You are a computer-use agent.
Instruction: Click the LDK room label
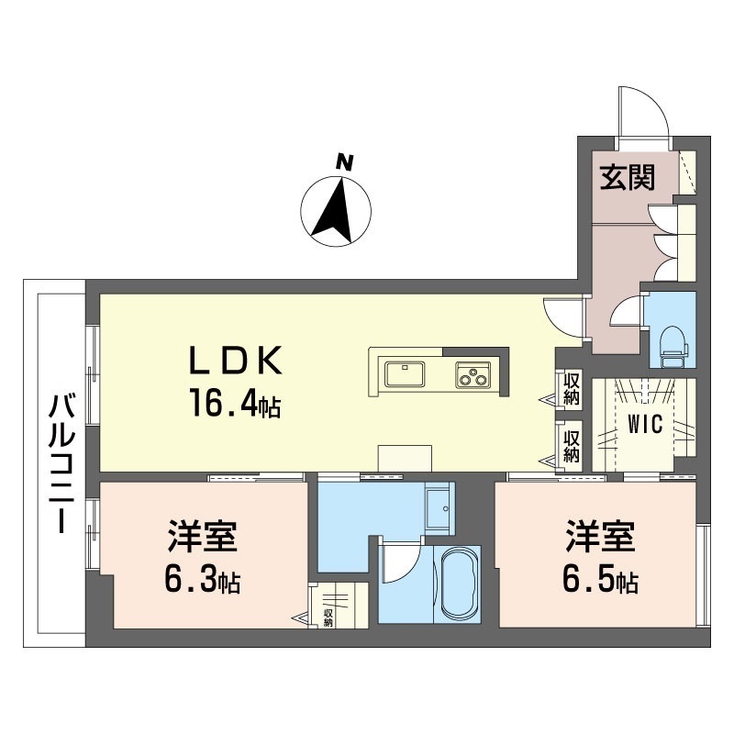click(235, 360)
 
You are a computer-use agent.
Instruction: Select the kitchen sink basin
click(405, 374)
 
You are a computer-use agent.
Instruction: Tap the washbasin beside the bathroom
click(439, 509)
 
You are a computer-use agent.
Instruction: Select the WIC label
click(645, 424)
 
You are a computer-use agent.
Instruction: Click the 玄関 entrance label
click(628, 177)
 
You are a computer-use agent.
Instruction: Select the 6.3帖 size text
click(202, 581)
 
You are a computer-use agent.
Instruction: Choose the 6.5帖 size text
click(600, 580)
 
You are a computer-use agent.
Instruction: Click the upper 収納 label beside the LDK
click(571, 388)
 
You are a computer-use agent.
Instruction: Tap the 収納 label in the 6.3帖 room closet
click(328, 617)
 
